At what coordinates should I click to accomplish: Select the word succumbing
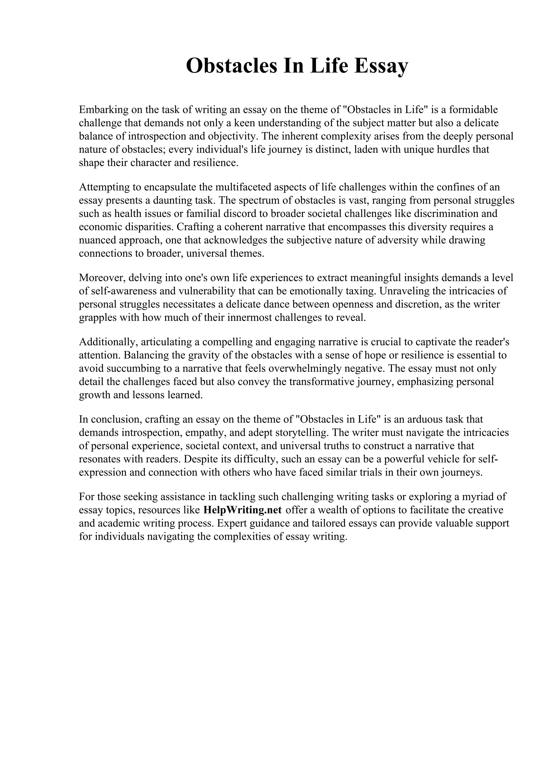click(x=129, y=368)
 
